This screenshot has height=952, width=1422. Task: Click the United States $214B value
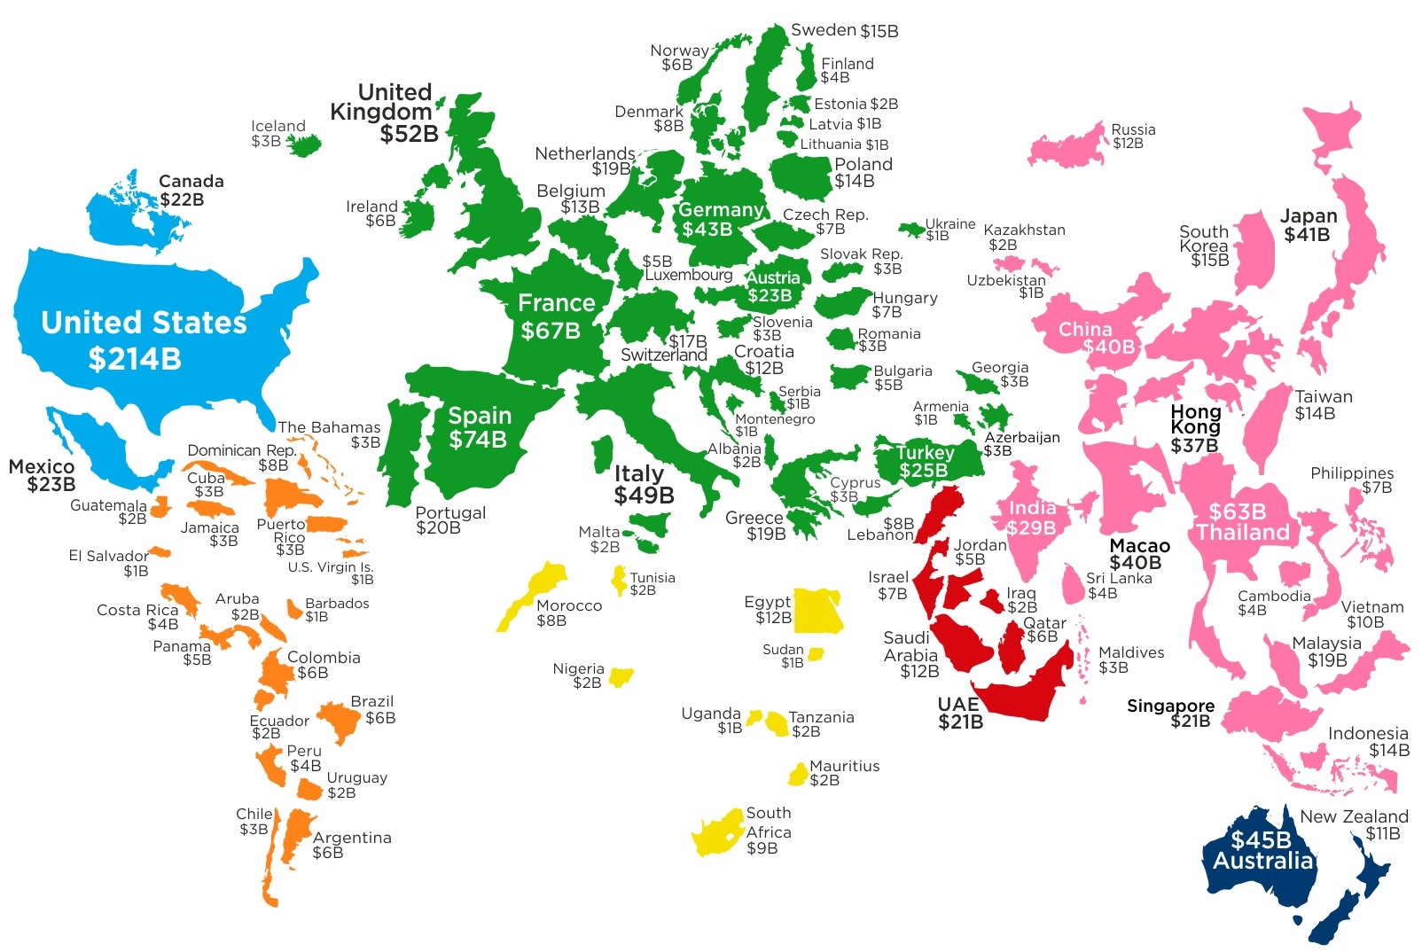[x=135, y=359]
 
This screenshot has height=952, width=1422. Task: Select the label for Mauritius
[x=844, y=766]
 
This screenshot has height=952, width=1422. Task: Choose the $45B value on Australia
[x=1261, y=839]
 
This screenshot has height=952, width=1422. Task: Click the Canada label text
[x=191, y=182]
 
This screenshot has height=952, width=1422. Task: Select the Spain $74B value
[x=478, y=440]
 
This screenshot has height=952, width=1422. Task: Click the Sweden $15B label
[x=844, y=31]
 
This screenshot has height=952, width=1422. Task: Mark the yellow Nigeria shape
[x=621, y=678]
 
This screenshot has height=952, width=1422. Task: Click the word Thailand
[x=1242, y=533]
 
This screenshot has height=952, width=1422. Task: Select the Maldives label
[x=1131, y=652]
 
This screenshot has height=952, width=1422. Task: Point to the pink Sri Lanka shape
[x=1074, y=585]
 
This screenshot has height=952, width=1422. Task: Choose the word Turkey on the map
[x=925, y=453]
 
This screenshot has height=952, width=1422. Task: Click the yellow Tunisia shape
[x=619, y=580]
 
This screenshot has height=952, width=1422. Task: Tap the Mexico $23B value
[x=51, y=485]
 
